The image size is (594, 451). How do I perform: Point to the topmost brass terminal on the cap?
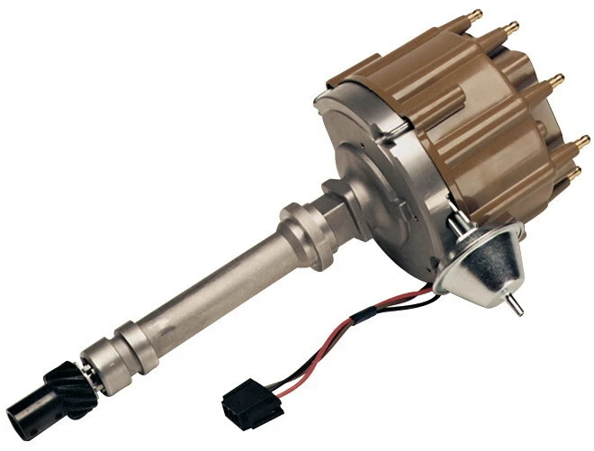[x=476, y=16]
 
